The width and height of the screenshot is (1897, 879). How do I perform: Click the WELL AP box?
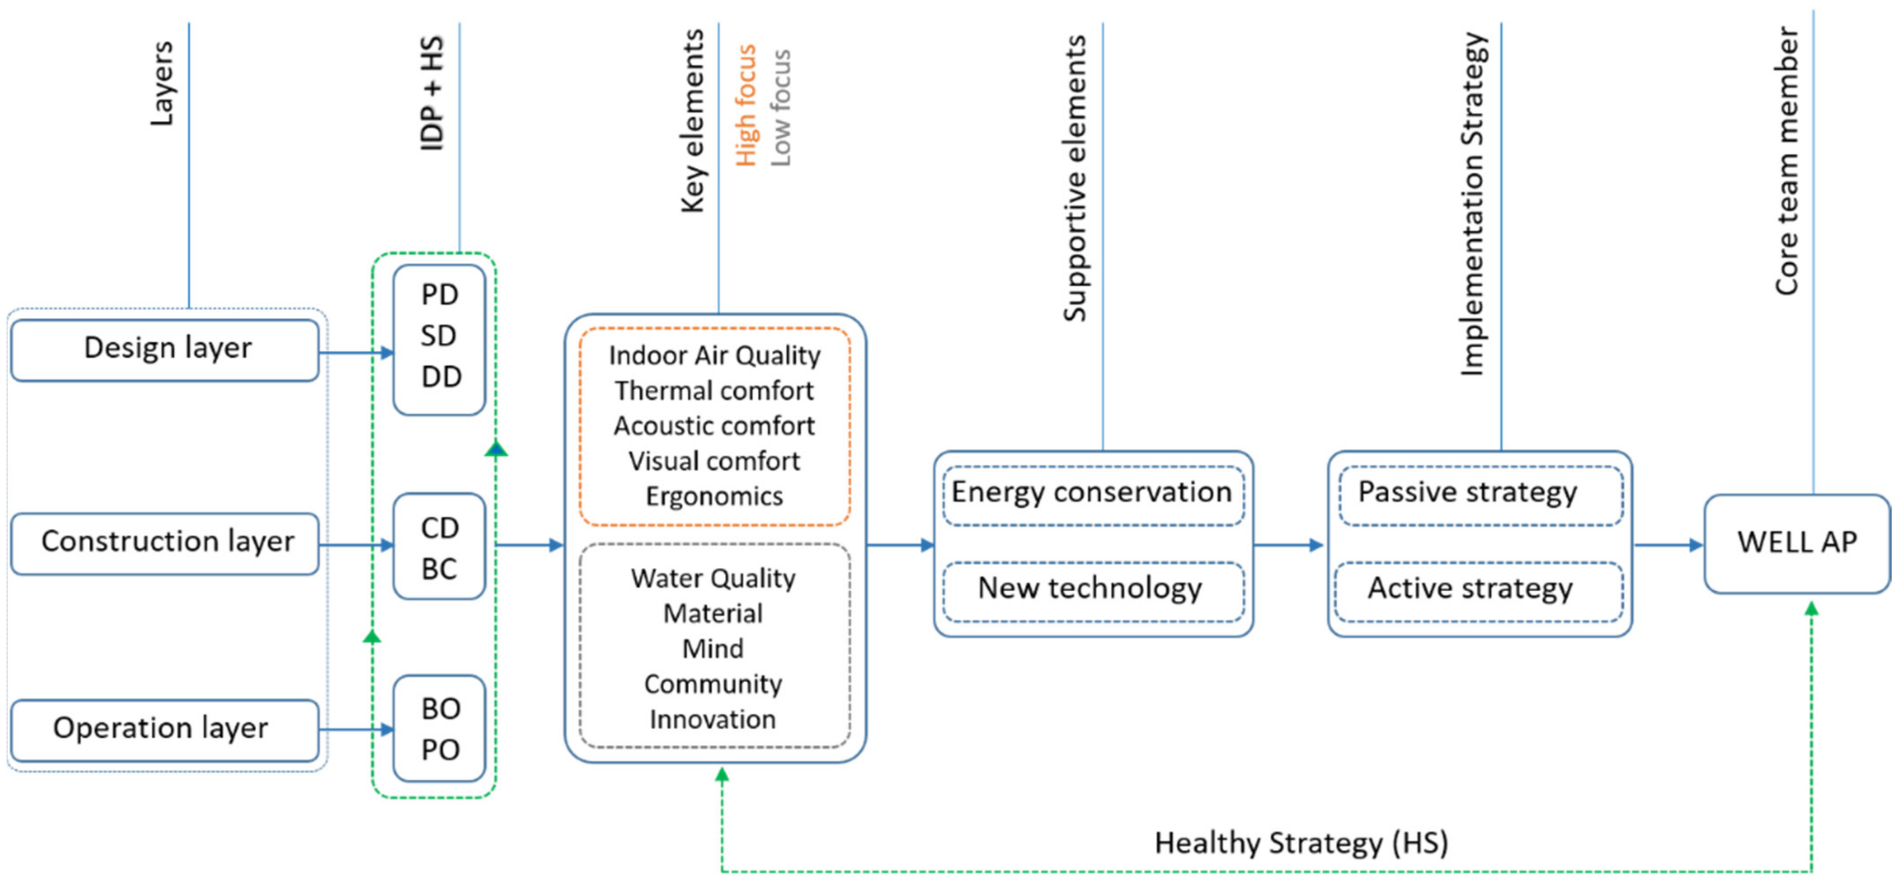[x=1796, y=543]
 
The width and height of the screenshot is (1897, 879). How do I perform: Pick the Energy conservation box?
[x=1093, y=494]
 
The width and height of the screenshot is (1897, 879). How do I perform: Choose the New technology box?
[x=1093, y=590]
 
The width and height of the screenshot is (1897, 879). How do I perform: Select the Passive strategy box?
[x=1480, y=494]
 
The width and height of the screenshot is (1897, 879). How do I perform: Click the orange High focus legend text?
[x=745, y=105]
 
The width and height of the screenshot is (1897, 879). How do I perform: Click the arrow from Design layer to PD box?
[x=357, y=353]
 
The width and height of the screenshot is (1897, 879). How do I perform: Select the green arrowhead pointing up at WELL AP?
[x=1811, y=609]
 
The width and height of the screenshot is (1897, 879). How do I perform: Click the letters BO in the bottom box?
[x=440, y=709]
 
